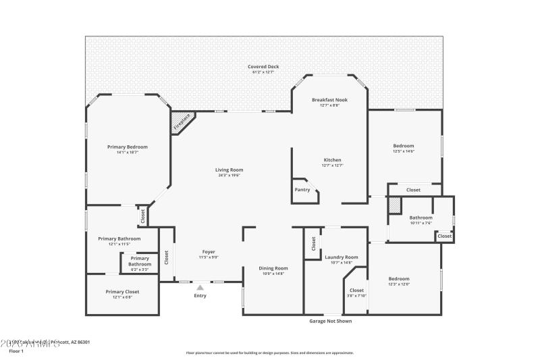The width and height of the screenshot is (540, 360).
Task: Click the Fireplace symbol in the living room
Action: [x=182, y=122]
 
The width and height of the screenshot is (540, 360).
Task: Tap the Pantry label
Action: [x=302, y=190]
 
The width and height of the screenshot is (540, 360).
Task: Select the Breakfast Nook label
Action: [x=329, y=100]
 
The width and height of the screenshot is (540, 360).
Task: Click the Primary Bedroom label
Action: [x=128, y=147]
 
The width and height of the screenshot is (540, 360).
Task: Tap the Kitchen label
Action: [x=331, y=159]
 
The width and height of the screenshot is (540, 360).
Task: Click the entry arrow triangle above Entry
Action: [x=200, y=287]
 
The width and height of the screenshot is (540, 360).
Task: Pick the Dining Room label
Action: [x=273, y=268]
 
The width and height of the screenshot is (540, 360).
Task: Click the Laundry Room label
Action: [x=341, y=257]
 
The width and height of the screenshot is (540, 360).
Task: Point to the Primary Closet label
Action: [x=122, y=291]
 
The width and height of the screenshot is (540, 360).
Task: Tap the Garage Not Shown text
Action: [x=330, y=321]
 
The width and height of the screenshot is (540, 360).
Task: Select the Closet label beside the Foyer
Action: [x=166, y=257]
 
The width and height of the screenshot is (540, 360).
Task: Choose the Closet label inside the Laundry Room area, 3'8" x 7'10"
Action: [x=356, y=290]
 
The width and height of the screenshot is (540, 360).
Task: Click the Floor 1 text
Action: [x=16, y=351]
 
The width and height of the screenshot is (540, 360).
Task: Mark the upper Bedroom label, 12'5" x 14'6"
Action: [x=404, y=146]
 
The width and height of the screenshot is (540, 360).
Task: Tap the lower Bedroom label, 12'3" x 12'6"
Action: [x=398, y=278]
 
